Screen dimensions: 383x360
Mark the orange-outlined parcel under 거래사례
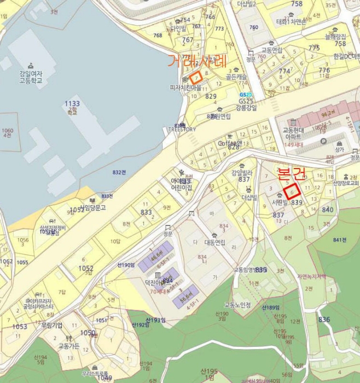[x=197, y=77]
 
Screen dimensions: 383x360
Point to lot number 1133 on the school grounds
[x=72, y=103]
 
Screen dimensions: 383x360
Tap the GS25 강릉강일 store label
[x=246, y=104]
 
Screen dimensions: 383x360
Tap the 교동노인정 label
[x=237, y=305]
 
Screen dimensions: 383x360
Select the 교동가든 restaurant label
[x=69, y=346]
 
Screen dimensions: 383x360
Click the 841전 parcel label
[x=340, y=240]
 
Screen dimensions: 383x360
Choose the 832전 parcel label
[x=119, y=172]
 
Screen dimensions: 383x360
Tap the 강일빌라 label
[x=240, y=172]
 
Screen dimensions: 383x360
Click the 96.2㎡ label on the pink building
[x=328, y=115]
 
